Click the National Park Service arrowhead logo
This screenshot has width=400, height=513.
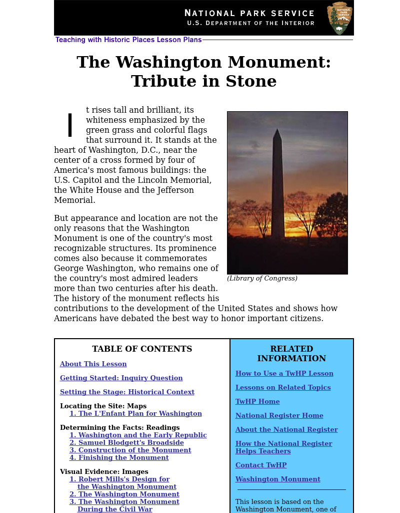point(339,18)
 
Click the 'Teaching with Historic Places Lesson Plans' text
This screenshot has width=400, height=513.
point(128,40)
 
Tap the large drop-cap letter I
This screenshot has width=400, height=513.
point(70,125)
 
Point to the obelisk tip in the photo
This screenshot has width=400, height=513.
point(277,131)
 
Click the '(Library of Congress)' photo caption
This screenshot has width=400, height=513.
point(262,279)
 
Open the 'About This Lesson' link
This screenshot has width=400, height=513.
point(93,364)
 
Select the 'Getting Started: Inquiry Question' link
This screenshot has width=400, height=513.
point(121,378)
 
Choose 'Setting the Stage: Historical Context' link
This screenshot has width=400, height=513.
point(127,392)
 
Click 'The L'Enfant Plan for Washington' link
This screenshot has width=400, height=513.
point(135,414)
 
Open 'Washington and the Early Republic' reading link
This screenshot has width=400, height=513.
point(138,435)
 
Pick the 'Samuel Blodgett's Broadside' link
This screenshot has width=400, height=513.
point(126,443)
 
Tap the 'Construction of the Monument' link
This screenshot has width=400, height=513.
point(130,450)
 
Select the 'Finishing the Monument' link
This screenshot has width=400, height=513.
point(119,458)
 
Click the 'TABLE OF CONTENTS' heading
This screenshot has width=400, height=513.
point(142,349)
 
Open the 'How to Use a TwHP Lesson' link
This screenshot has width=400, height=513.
point(284,374)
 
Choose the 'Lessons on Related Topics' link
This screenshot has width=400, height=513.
point(283,388)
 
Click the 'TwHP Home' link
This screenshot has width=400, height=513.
point(257,402)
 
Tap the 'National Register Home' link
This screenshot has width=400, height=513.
point(279,416)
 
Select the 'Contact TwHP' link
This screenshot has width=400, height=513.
point(261,465)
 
